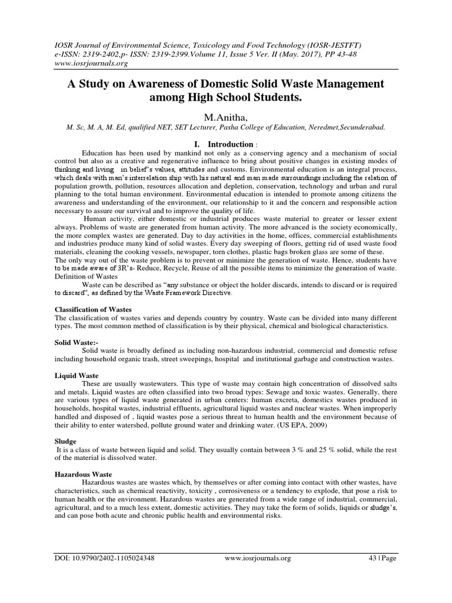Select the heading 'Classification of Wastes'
tap(93, 309)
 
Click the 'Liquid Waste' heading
tap(77, 375)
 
